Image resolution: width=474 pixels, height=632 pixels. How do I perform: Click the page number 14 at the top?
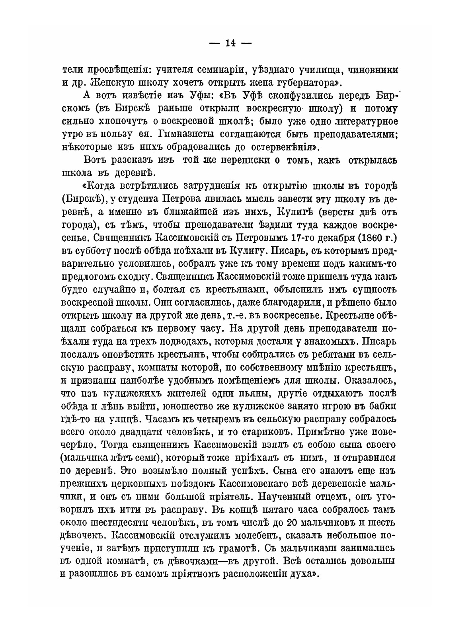[230, 43]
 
